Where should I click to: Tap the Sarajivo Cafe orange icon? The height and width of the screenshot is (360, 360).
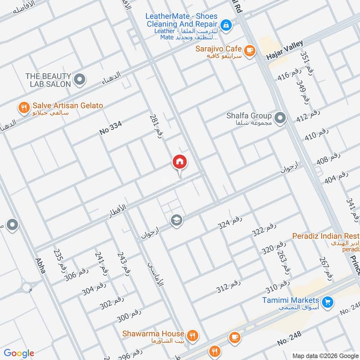pyautogui.click(x=250, y=49)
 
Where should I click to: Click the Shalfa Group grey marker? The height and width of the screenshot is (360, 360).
pyautogui.click(x=280, y=118)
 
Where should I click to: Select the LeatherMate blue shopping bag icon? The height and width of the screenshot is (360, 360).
pyautogui.click(x=226, y=24)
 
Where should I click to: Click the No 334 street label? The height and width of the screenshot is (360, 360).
pyautogui.click(x=111, y=129)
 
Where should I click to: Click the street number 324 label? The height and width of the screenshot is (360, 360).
pyautogui.click(x=230, y=222)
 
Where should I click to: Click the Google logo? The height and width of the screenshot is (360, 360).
pyautogui.click(x=18, y=353)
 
